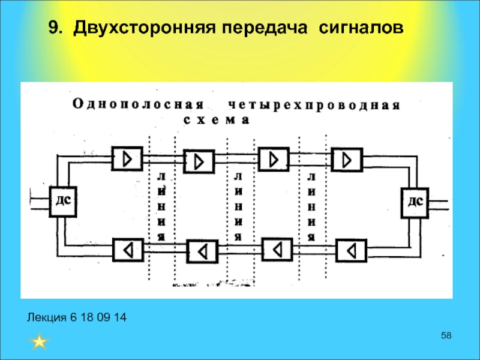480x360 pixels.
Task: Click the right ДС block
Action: (416, 200)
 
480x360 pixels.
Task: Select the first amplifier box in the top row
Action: (127, 159)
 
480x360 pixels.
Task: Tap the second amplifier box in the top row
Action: (199, 161)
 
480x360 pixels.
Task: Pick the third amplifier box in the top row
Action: (274, 160)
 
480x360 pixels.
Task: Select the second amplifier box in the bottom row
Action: (202, 251)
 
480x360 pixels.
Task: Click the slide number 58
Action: (446, 335)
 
